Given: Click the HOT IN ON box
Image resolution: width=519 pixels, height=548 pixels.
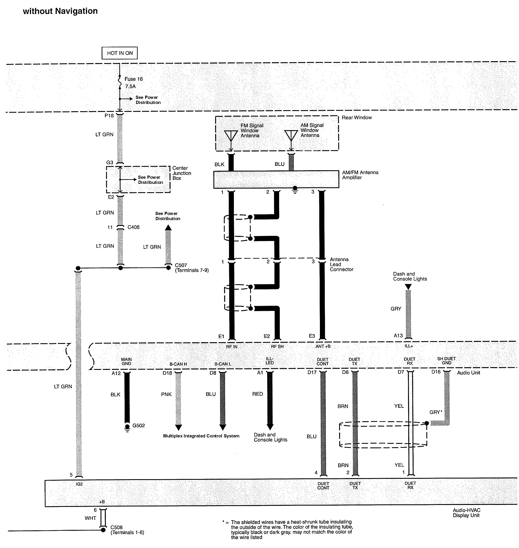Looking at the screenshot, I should coord(120,53).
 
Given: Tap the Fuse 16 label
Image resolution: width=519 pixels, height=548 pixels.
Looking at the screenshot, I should coord(133,79).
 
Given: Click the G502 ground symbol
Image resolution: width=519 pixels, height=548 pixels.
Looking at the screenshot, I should coord(127,427).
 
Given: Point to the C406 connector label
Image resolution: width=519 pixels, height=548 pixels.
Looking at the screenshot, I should coord(133,227).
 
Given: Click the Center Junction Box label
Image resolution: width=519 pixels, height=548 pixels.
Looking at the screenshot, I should coord(181,173).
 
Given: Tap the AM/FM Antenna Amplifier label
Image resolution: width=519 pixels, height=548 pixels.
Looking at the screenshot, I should coord(360,175).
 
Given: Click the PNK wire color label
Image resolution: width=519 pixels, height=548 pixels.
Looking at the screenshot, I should coord(166,394).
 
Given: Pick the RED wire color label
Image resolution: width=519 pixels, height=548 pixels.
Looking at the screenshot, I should coord(257,394).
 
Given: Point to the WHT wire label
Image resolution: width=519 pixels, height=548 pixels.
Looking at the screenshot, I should coord(90,518).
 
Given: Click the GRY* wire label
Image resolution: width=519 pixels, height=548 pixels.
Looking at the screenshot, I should coord(435,412).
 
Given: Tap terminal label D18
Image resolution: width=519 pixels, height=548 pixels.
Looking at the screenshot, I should coord(167,373).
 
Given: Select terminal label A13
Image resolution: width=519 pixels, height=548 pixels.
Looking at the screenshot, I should coord(398,336).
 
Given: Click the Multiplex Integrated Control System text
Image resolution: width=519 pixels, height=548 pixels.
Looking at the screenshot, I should coord(201,436).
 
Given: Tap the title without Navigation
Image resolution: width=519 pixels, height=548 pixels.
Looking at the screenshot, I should coord(60,11).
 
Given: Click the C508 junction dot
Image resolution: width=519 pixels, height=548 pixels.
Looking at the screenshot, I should coord(103,530).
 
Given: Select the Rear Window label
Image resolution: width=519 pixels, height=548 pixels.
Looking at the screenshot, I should coord(357,118).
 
